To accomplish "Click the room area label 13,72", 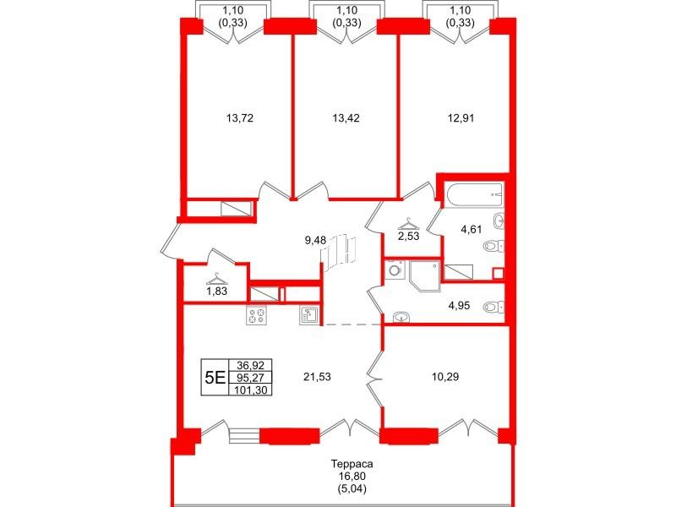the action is [x=239, y=117].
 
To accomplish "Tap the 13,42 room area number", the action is [x=346, y=117].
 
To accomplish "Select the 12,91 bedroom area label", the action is [x=461, y=117].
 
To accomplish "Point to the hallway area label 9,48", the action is [x=315, y=241].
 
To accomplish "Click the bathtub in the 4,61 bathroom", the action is [x=475, y=195].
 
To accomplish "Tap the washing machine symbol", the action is [x=395, y=270].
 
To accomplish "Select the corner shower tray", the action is [x=425, y=275].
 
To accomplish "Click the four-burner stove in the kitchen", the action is [x=256, y=314].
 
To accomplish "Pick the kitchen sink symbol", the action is [x=308, y=314].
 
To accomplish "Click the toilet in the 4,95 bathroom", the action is [x=493, y=307].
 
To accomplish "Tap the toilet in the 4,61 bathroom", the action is [x=493, y=246].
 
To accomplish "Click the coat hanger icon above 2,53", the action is [x=408, y=224].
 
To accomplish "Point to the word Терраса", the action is [x=352, y=464].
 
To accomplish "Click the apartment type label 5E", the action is [x=215, y=378].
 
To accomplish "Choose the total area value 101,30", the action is [x=250, y=390].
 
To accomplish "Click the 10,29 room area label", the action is [x=445, y=377].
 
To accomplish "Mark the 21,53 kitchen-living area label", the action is [x=318, y=377].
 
